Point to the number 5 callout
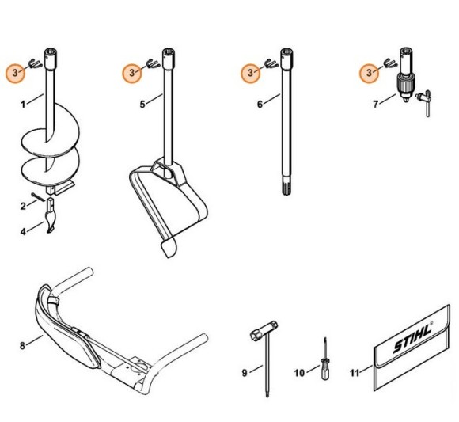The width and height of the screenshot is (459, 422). tap(143, 102)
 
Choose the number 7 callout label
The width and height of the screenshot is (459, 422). tap(377, 102)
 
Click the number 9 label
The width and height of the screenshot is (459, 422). tap(245, 371)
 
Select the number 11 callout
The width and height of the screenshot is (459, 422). tap(355, 371)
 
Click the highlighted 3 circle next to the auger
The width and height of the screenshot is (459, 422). tap(15, 73)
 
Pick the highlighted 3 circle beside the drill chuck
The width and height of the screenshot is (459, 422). tap(368, 73)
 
